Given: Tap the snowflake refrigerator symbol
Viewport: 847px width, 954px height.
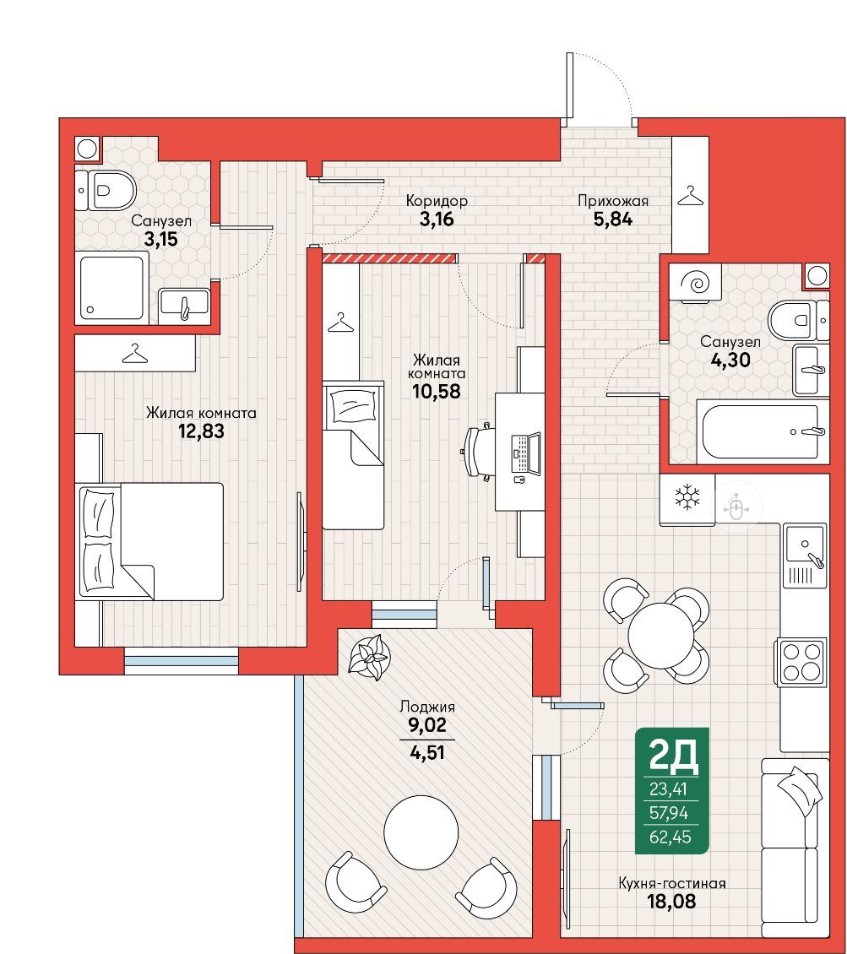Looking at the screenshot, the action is (687, 498).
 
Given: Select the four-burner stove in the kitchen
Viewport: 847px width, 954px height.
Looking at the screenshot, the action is (801, 662).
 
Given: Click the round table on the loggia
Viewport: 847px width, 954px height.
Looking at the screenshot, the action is (421, 831).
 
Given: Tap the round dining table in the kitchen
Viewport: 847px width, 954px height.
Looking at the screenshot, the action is (661, 635).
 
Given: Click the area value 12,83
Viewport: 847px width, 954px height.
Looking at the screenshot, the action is (201, 431).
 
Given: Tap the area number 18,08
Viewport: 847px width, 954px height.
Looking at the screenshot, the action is (671, 901).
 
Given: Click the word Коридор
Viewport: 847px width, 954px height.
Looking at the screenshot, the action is (437, 200).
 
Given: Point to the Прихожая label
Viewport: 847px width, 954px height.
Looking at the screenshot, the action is (613, 200).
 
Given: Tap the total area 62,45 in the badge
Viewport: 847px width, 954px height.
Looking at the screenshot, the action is (670, 837).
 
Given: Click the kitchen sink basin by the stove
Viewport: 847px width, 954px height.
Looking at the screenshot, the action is (804, 544).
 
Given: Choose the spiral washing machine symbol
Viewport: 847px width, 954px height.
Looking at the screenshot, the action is (695, 282).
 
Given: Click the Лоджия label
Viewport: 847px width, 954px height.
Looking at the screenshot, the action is (427, 707).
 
